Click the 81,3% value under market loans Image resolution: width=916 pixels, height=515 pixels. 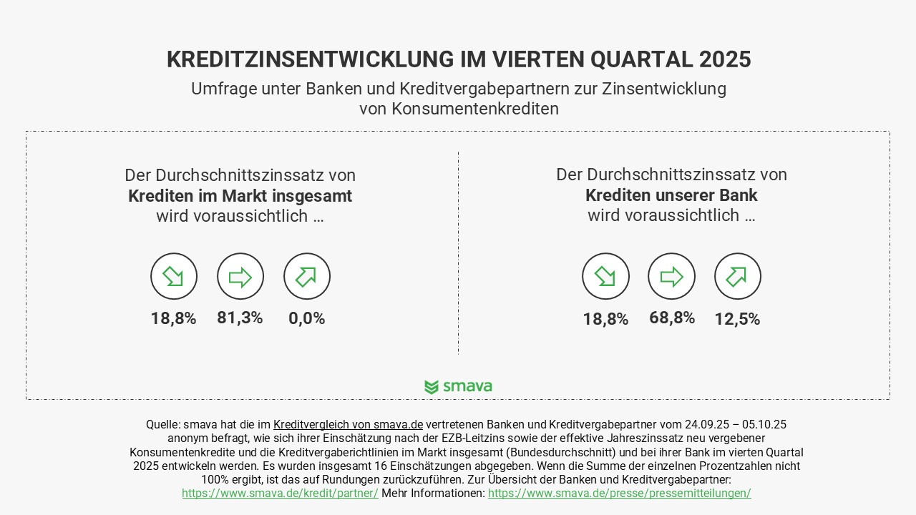240,318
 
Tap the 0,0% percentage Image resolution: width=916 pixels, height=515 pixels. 307,319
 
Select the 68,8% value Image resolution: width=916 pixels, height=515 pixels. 672,318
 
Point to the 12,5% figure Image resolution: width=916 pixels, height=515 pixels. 737,320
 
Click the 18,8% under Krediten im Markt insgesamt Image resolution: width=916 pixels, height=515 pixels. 173,319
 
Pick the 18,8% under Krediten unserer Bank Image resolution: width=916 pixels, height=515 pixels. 605,320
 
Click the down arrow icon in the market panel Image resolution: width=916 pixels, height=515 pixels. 174,277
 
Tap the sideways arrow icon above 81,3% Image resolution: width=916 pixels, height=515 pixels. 240,277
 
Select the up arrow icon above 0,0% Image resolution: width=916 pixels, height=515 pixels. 307,277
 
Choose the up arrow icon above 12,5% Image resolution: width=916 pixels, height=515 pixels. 738,277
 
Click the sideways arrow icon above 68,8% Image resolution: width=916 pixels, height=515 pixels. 671,277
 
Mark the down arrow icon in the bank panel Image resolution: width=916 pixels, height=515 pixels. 605,277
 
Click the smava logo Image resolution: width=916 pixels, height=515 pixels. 458,387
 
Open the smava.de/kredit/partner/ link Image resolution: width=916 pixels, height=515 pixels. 280,494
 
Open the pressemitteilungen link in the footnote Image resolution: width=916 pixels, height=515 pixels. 619,494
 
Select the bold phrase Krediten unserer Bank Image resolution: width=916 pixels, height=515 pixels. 671,195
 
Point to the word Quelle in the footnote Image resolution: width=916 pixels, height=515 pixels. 162,425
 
